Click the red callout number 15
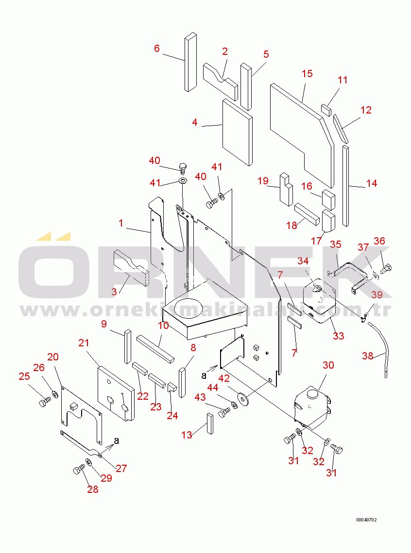307,73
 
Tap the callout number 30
328,365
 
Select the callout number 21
84,343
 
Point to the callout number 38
368,356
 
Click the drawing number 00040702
366,520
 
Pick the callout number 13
187,435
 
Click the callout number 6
157,49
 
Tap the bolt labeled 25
45,402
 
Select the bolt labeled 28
79,470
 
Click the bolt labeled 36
386,269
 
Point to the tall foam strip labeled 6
190,62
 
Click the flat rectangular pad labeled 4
237,132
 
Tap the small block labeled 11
326,110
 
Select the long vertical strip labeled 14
346,186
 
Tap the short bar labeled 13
210,423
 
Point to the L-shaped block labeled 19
286,189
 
